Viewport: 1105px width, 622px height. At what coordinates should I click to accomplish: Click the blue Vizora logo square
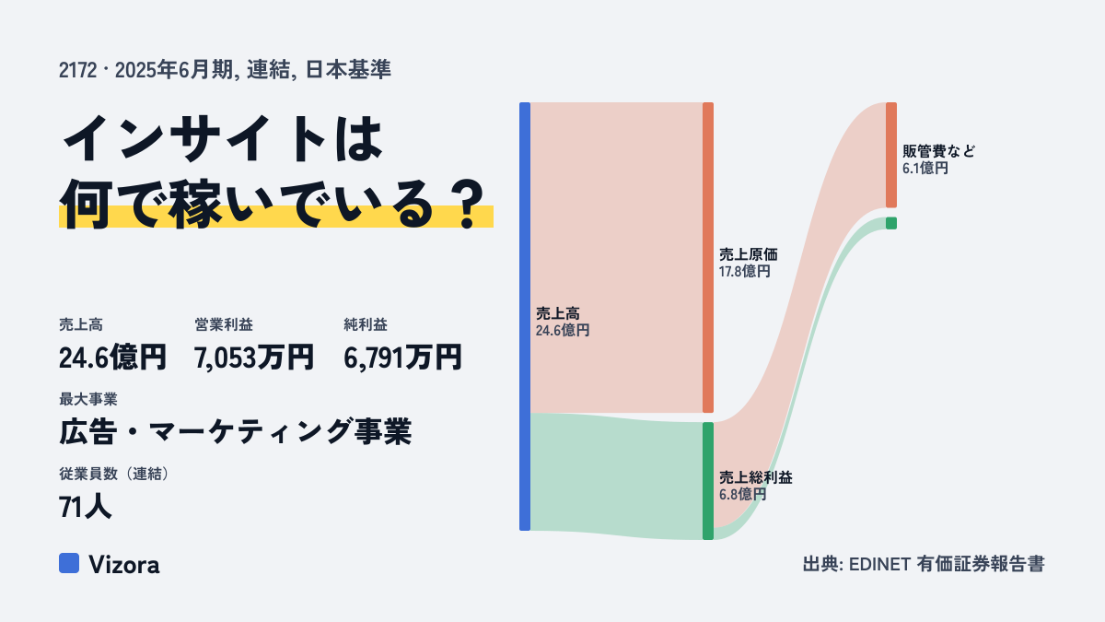coord(69,563)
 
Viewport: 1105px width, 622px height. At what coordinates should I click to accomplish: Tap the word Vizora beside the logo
coord(124,565)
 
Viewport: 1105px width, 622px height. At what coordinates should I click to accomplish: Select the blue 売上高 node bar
coord(525,316)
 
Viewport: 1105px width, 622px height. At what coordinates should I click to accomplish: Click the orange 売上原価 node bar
coord(708,257)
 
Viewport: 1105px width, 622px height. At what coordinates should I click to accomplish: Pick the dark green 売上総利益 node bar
coord(708,481)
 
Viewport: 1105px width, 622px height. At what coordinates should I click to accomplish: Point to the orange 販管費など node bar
coord(891,155)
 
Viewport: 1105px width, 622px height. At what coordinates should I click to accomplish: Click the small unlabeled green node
coord(891,223)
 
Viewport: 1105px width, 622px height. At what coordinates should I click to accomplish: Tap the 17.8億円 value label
coord(744,272)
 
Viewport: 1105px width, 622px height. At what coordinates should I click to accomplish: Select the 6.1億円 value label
coord(925,169)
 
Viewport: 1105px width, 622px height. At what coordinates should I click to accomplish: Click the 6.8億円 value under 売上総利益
coord(742,494)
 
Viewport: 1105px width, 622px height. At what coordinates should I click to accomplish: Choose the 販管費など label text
coord(938,151)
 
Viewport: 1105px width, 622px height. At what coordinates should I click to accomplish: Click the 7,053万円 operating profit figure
coord(253,358)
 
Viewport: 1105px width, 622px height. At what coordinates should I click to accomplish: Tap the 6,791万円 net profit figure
coord(402,358)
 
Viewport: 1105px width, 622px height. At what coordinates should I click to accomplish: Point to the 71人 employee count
coord(85,507)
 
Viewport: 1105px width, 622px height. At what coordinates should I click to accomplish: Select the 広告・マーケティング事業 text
coord(236,432)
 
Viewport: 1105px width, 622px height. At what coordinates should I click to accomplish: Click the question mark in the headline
coord(469,204)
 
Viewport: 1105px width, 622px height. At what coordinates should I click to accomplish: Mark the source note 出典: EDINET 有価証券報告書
coord(924,564)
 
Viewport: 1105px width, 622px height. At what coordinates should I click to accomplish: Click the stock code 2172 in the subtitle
coord(78,70)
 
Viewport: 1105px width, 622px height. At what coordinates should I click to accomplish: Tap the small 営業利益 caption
coord(224,324)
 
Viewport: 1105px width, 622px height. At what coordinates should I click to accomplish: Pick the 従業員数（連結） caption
coord(114,474)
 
